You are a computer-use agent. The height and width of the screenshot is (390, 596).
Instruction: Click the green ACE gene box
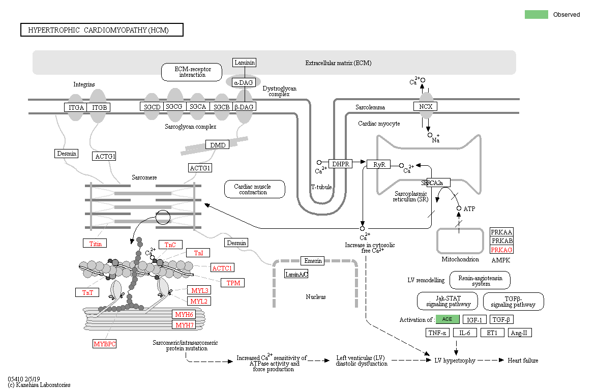pos(448,319)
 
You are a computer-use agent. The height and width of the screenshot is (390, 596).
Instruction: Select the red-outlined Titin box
pos(96,244)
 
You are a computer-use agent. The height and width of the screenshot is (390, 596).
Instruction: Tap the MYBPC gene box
pos(105,344)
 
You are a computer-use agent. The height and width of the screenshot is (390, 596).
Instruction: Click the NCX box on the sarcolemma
pos(425,106)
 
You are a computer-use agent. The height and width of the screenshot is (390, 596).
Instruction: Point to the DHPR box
pos(340,164)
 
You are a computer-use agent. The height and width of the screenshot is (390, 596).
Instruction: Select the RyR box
pos(379,164)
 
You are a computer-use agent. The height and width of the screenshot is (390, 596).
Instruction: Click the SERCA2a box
pos(436,183)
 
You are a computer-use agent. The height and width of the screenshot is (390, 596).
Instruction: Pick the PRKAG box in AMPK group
pos(501,249)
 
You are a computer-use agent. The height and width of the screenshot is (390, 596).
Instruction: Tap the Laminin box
pos(244,63)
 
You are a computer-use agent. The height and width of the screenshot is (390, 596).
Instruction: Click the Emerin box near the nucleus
pos(313,261)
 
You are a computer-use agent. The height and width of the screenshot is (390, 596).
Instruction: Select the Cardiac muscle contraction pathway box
pos(254,189)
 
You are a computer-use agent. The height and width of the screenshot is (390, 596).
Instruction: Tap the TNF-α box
pos(437,333)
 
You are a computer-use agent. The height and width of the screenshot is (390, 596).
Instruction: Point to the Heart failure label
pos(523,361)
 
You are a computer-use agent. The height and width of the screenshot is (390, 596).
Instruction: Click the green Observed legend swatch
pos(536,14)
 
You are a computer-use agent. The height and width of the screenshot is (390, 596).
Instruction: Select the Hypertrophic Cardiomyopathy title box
pos(102,30)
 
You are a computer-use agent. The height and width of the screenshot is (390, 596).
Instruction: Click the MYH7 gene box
pos(185,325)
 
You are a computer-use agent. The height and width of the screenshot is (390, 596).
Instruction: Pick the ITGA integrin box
pos(76,107)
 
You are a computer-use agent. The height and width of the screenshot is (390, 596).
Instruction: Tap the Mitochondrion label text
pos(460,259)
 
